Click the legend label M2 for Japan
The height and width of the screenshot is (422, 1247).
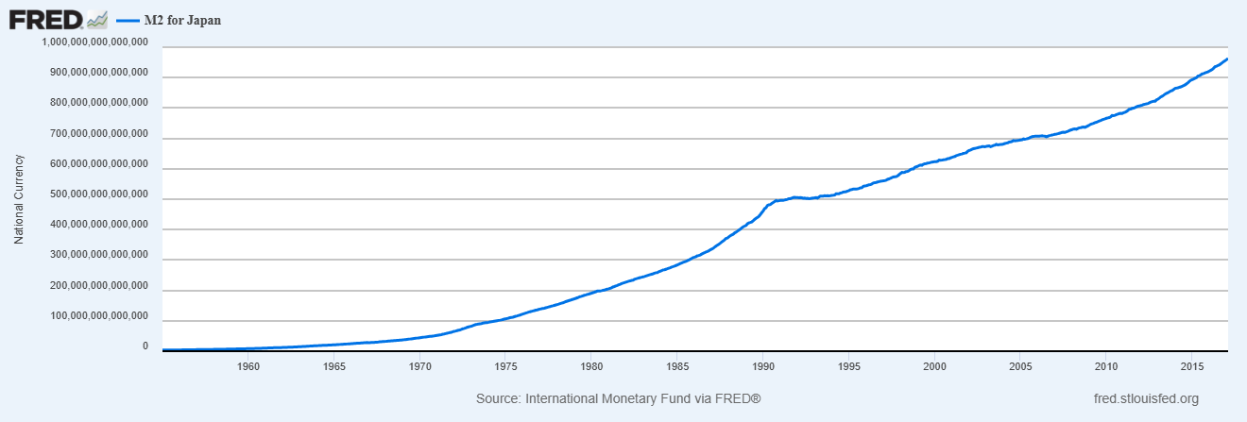coord(182,19)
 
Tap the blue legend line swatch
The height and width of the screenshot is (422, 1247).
coord(127,19)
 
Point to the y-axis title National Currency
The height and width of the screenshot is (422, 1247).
coord(19,198)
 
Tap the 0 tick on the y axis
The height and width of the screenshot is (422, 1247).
coord(145,347)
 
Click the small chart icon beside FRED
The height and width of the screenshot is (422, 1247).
coord(96,19)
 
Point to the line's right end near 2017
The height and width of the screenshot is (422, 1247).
coord(1226,59)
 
